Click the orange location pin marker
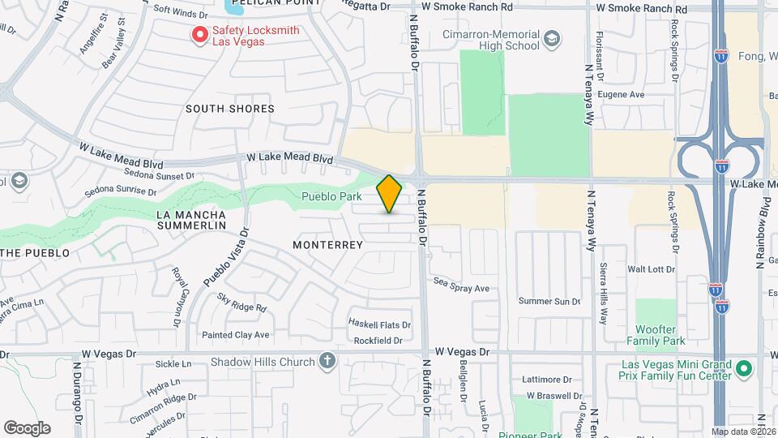click(389, 194)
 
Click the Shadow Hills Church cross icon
click(327, 361)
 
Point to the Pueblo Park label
click(331, 196)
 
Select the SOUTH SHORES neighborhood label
click(229, 109)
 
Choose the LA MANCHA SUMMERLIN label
click(190, 220)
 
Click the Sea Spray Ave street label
click(462, 288)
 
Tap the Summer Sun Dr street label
click(549, 302)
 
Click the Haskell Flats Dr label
click(379, 324)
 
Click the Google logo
click(27, 428)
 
